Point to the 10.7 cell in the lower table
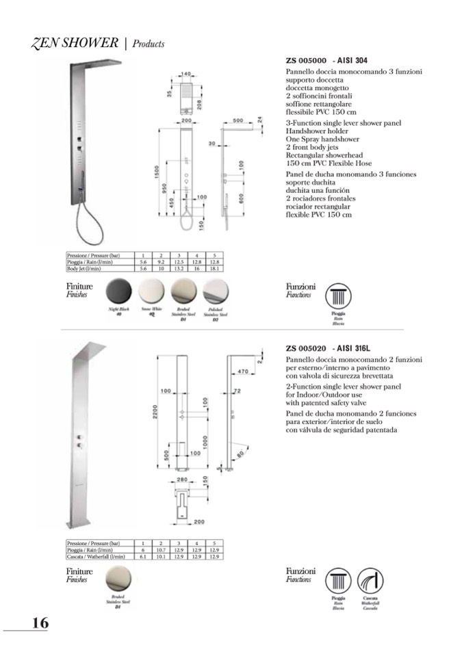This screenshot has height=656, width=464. [x=162, y=550]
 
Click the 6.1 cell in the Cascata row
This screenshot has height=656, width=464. [x=144, y=557]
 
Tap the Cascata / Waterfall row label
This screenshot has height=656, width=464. [x=95, y=557]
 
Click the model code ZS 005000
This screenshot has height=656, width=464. [x=306, y=60]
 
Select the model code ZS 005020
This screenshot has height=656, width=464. [x=306, y=348]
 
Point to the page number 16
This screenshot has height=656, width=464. [x=39, y=622]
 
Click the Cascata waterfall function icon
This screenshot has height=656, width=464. [x=370, y=581]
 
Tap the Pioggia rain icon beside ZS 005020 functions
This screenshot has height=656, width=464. [x=338, y=581]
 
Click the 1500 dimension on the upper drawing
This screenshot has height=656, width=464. [x=157, y=174]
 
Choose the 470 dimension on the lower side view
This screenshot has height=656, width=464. [x=242, y=371]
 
